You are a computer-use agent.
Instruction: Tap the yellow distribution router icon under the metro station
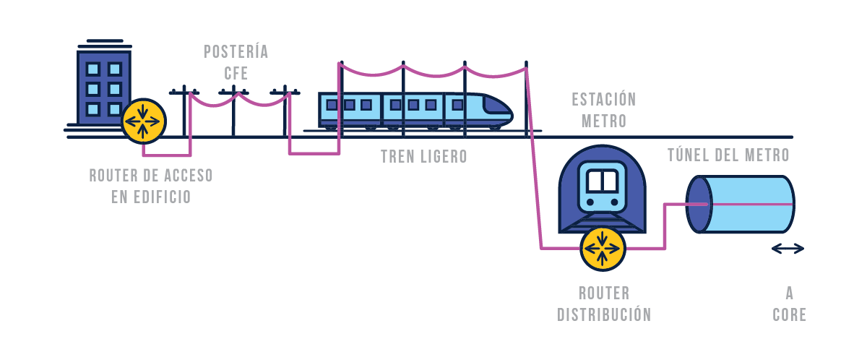tap(603, 247)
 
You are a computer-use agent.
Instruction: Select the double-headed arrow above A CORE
tap(788, 249)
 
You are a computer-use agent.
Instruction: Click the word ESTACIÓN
tap(603, 100)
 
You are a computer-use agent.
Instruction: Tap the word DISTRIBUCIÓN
tap(604, 315)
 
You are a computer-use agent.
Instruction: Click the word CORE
tap(789, 315)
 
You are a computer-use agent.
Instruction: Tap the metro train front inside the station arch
tap(603, 189)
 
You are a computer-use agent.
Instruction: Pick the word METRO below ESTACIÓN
tap(604, 121)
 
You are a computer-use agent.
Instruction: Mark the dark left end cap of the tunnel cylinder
tap(699, 204)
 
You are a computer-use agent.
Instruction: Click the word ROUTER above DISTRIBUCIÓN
tap(604, 293)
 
